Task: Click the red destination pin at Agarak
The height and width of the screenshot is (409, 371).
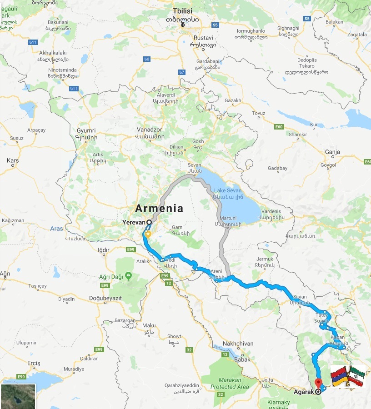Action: point(318,383)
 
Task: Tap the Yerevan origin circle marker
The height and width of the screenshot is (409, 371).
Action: point(149,222)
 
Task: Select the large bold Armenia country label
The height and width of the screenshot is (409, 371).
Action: point(159,209)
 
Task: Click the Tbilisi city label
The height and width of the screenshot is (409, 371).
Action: point(183,11)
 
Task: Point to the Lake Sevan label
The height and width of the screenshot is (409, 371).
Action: point(228,190)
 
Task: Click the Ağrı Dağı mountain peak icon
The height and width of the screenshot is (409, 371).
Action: point(129,275)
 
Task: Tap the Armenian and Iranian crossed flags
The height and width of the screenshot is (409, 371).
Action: point(348,376)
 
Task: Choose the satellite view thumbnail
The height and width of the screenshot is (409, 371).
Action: point(18,396)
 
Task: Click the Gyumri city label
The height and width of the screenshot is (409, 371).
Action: point(86,130)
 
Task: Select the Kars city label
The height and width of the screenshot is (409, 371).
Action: point(13,160)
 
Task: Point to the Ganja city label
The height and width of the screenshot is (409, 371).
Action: point(332,152)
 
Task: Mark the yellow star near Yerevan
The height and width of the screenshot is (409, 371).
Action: point(147,234)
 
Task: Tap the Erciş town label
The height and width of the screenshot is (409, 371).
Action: point(34,363)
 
